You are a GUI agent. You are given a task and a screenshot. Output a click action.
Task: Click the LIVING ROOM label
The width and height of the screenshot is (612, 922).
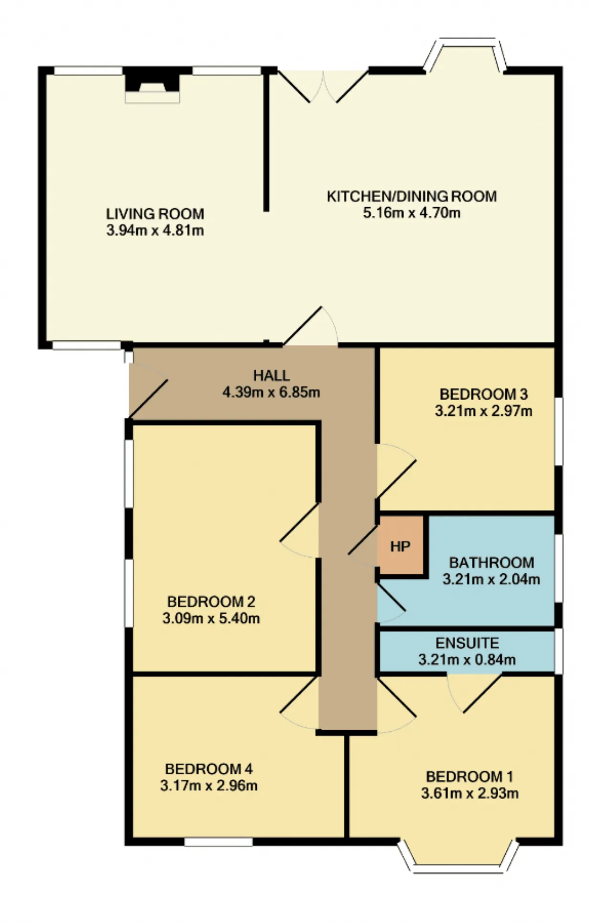click(x=155, y=213)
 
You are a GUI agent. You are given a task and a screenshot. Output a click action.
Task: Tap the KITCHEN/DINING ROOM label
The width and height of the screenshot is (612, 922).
click(x=412, y=196)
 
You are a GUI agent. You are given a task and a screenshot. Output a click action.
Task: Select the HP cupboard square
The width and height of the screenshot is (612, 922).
click(x=401, y=545)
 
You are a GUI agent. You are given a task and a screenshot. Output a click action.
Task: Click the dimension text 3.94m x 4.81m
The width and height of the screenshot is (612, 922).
click(x=155, y=231)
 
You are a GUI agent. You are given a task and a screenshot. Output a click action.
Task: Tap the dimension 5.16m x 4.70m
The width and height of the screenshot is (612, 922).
click(x=412, y=213)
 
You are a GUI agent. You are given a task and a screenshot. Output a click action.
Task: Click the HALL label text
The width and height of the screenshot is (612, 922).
click(x=271, y=376)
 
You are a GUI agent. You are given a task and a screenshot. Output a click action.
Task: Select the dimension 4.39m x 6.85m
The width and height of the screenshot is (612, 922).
click(x=271, y=392)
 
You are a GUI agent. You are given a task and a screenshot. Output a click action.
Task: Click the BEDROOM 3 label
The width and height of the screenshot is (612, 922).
click(x=483, y=394)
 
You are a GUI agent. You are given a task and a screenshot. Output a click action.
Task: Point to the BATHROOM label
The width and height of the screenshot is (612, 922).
click(x=492, y=563)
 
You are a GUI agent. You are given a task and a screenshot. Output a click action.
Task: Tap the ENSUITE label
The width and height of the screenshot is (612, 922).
click(x=467, y=643)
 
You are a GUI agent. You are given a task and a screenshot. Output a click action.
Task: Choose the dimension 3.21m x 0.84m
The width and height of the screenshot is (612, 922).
click(x=467, y=660)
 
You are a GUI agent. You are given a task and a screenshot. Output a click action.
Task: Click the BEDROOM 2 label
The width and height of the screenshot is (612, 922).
click(x=211, y=601)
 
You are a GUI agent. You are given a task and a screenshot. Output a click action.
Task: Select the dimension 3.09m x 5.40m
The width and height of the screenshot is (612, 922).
click(x=211, y=619)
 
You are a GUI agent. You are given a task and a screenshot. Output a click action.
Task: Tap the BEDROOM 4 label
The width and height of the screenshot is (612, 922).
click(x=208, y=769)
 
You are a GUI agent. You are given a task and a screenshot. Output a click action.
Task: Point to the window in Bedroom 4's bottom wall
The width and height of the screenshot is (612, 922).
click(x=219, y=842)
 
